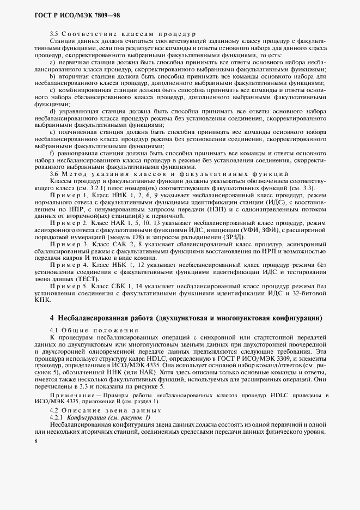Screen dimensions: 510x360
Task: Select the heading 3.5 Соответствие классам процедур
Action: coord(123,34)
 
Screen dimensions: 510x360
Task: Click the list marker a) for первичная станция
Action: coord(52,63)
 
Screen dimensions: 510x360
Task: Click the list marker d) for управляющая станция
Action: coord(52,112)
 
